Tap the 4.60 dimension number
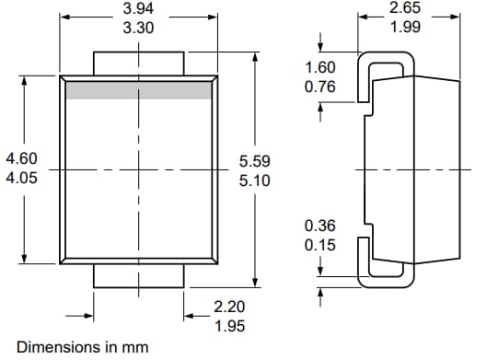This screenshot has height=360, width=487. [21, 159]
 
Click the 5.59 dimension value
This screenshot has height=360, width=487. [255, 161]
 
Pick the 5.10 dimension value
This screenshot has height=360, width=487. [255, 180]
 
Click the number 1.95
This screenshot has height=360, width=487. [229, 326]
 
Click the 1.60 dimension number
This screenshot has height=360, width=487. [319, 68]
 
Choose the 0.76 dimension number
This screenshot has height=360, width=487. [319, 87]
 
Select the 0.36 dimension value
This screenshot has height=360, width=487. [319, 226]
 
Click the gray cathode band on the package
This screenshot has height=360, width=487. [139, 89]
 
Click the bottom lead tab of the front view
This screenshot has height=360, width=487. [139, 276]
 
